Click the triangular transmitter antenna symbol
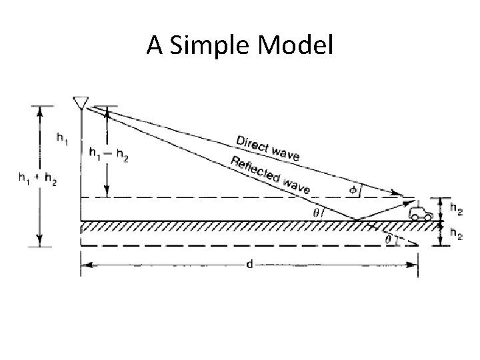click(x=80, y=102)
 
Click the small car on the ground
click(x=421, y=213)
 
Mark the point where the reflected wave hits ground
click(x=355, y=220)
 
